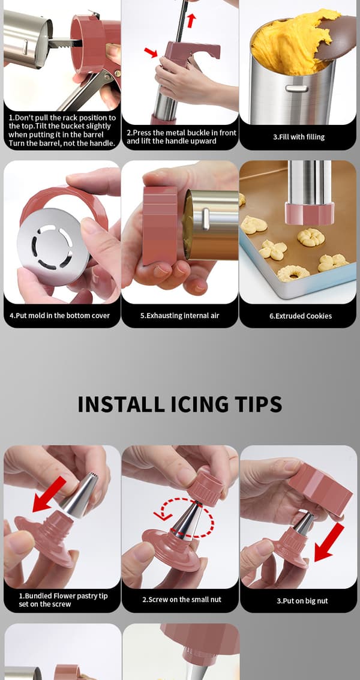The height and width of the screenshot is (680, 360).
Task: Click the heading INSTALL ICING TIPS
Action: click(x=179, y=404)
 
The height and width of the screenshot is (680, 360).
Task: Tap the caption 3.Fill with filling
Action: click(x=299, y=137)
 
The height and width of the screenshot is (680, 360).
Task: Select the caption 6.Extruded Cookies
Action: click(x=301, y=316)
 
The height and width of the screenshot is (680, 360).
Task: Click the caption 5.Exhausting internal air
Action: click(x=179, y=316)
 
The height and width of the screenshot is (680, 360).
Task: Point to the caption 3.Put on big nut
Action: click(x=302, y=601)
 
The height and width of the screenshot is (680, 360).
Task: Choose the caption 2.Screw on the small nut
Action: click(x=182, y=600)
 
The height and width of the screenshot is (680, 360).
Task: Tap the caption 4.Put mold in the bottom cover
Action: click(x=60, y=316)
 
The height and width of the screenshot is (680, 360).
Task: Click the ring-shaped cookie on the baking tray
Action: click(x=293, y=273)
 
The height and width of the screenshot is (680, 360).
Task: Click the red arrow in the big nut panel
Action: click(x=329, y=542)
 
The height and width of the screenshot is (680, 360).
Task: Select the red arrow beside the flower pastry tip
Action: click(x=49, y=494)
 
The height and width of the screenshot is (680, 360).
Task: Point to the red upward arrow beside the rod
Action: click(x=191, y=20)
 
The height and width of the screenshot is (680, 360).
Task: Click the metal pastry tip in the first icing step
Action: click(x=80, y=495)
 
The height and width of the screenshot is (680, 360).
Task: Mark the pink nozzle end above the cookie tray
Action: click(x=310, y=214)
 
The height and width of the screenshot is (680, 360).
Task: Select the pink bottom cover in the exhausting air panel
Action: click(x=160, y=226)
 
